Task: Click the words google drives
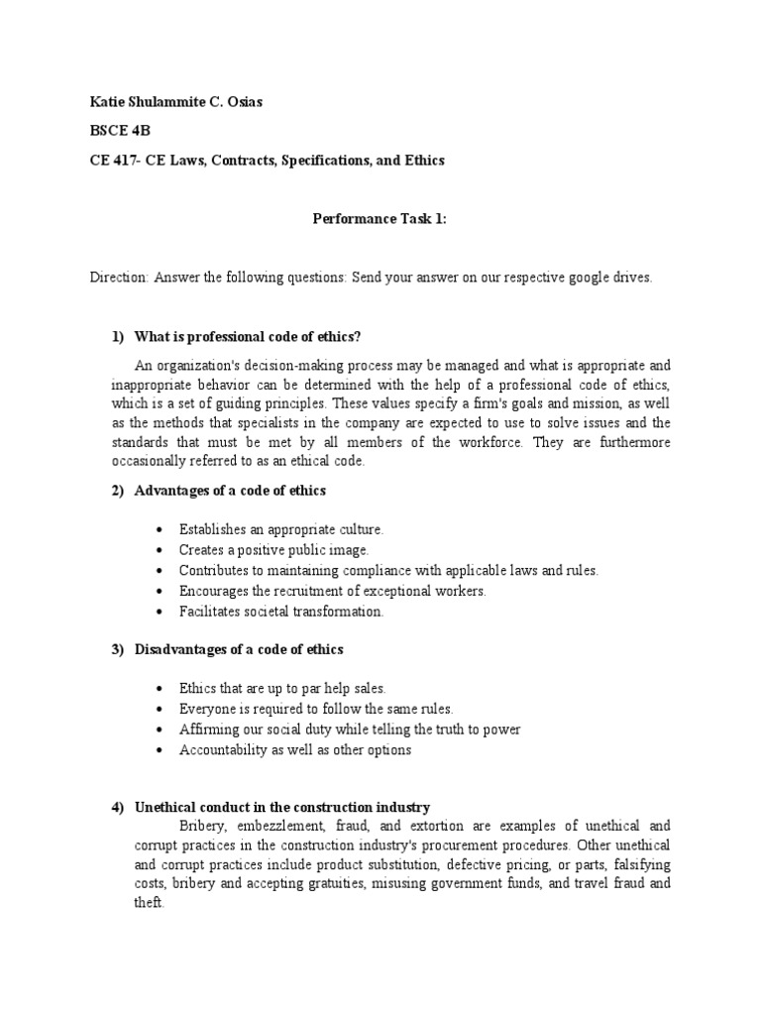click(610, 278)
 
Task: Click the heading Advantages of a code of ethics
click(230, 491)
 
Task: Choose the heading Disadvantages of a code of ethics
click(239, 649)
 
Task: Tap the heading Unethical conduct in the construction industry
click(281, 807)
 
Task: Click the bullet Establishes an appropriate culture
click(280, 530)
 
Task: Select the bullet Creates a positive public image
click(273, 550)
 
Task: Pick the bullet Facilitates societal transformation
click(280, 612)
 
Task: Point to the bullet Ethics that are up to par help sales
click(282, 688)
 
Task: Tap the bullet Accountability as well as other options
click(294, 750)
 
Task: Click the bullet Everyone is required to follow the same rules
click(315, 709)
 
